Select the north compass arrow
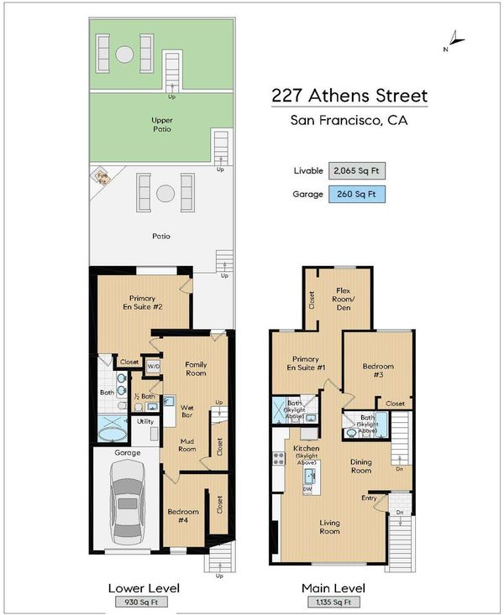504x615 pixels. (455, 39)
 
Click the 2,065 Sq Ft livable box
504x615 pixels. (357, 170)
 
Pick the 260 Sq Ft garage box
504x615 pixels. (357, 194)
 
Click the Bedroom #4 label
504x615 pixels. (183, 516)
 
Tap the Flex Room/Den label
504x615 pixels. (344, 299)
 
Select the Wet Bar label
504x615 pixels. (187, 411)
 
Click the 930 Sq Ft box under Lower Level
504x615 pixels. (141, 602)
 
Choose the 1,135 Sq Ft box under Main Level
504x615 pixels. (333, 602)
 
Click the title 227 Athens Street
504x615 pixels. (349, 96)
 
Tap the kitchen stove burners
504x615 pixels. (279, 458)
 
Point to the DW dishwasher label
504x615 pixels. (307, 489)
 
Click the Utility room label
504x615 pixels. (145, 422)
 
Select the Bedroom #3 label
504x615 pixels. (378, 370)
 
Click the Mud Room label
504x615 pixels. (187, 446)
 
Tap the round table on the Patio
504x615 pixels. (165, 193)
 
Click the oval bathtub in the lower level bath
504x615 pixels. (112, 435)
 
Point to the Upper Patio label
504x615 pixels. (162, 124)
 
